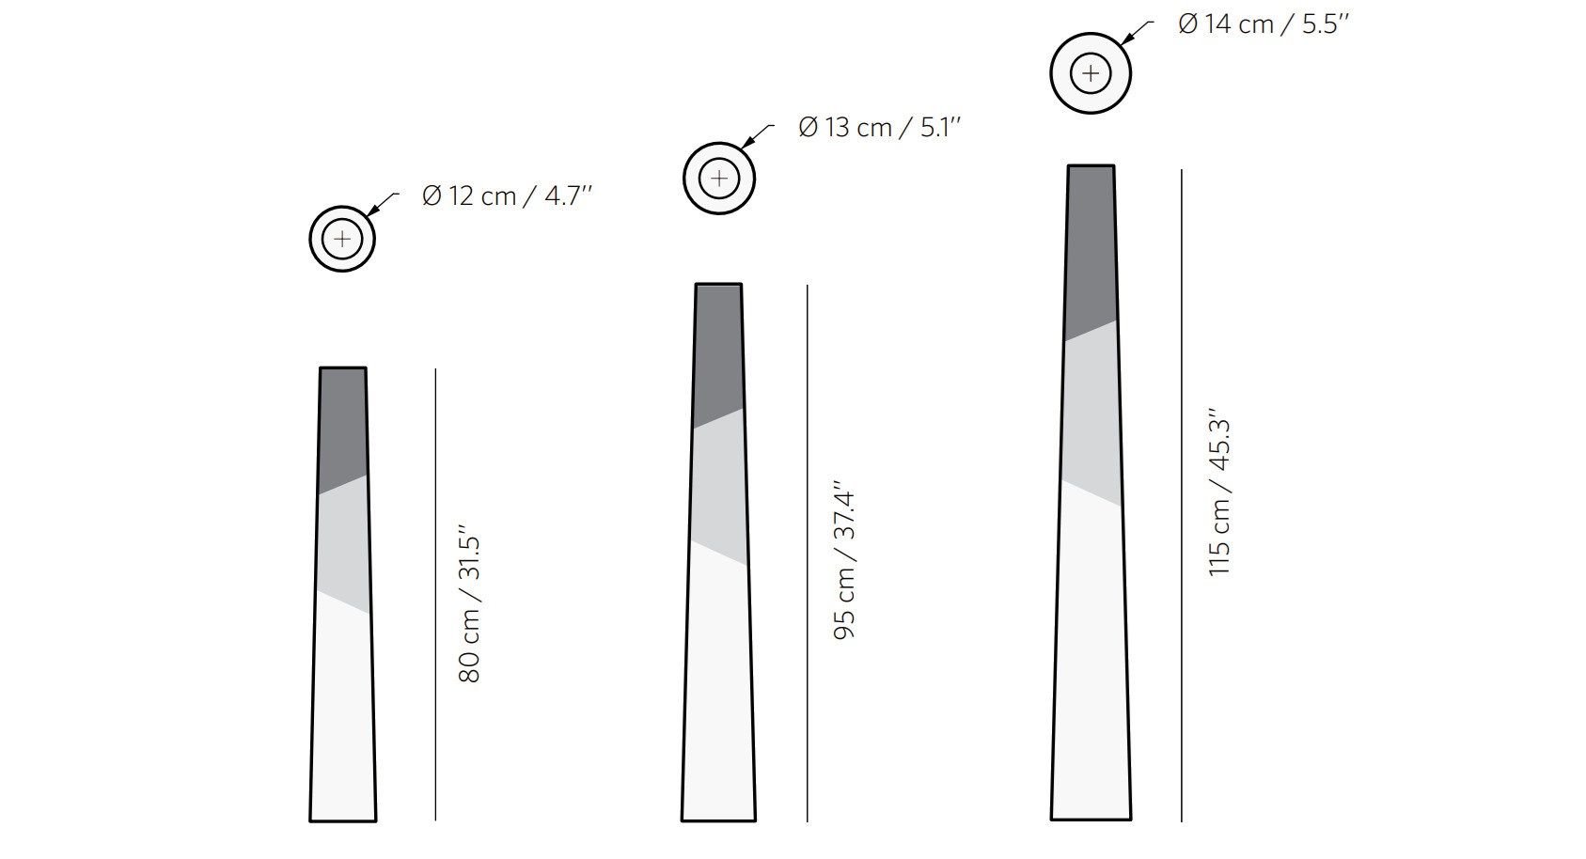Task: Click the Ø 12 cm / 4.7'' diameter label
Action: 507,196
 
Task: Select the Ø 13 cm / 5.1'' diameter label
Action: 880,128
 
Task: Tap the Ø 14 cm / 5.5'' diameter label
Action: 1264,24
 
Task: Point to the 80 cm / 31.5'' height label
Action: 469,603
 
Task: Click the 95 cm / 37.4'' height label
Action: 844,560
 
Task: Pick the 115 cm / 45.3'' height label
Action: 1219,492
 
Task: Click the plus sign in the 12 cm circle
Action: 342,239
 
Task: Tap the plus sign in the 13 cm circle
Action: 718,179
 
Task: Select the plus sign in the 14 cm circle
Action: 1091,73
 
